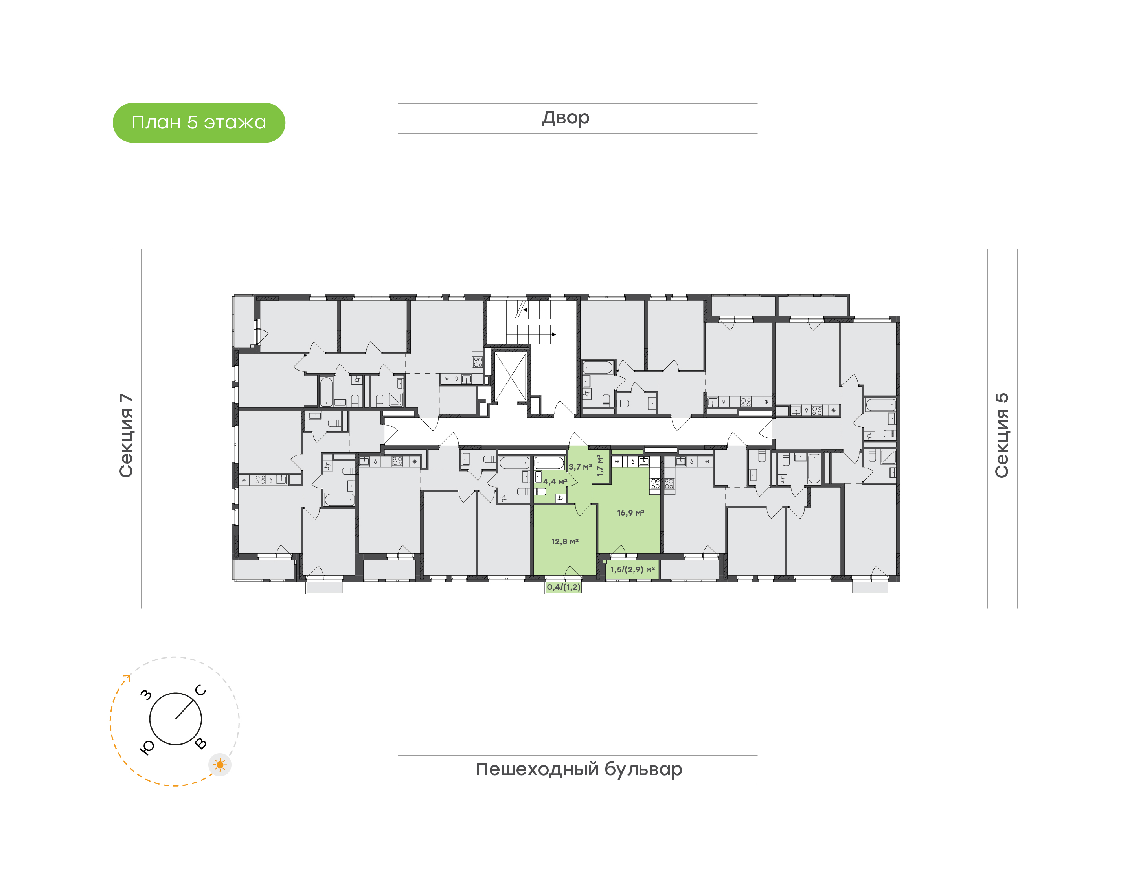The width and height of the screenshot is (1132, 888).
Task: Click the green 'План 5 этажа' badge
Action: click(198, 123)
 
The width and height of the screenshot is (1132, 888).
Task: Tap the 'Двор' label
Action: click(566, 118)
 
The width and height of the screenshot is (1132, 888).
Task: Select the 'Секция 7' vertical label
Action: click(126, 435)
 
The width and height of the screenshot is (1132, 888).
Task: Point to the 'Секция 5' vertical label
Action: click(1002, 435)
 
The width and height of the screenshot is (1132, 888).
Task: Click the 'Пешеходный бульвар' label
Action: click(579, 769)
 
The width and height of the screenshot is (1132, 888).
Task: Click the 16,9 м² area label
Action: click(631, 513)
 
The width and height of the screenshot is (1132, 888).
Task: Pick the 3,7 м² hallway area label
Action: click(580, 467)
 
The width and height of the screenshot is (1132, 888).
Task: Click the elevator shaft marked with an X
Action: click(511, 377)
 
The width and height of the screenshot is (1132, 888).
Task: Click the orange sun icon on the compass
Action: click(220, 765)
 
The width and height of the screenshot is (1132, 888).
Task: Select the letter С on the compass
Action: click(201, 690)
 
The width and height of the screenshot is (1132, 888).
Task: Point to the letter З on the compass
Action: click(147, 695)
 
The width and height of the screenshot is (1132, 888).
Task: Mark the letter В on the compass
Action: click(201, 743)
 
